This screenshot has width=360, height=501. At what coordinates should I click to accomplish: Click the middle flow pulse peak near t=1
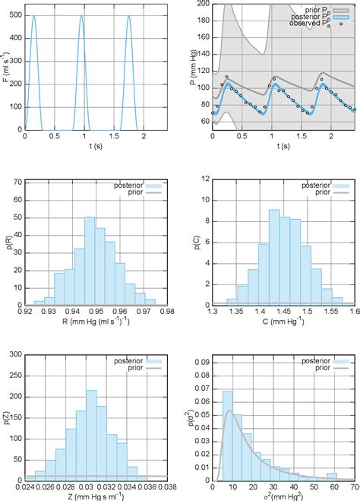(81, 17)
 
